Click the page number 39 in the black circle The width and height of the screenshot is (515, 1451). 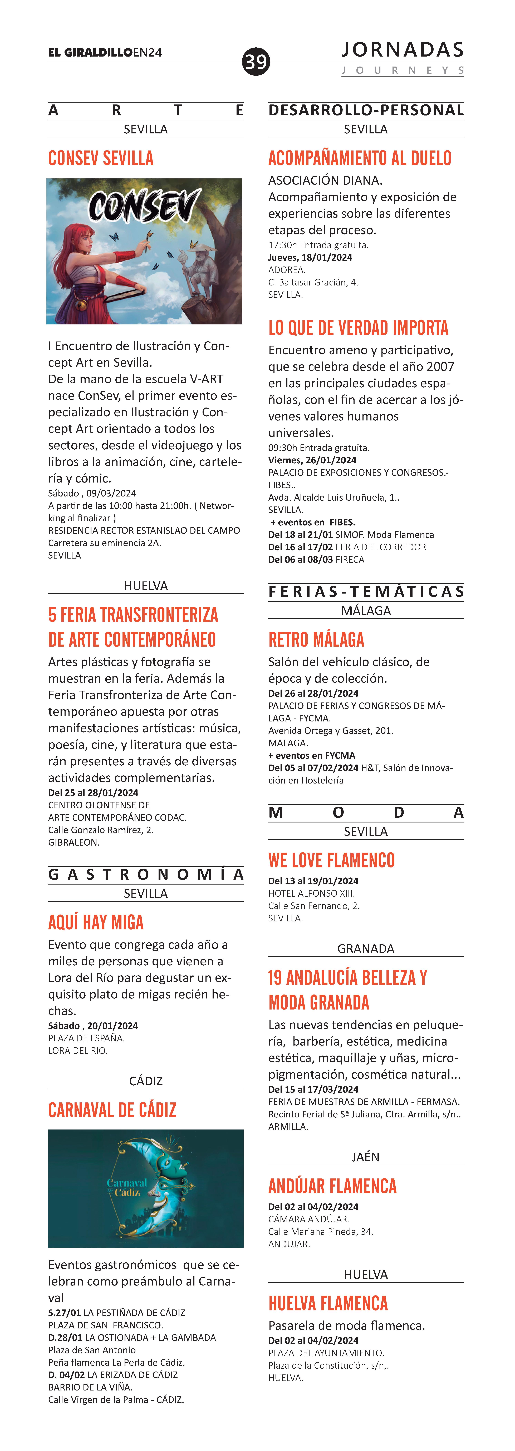tap(256, 61)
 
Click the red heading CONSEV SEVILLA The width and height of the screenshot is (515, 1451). tap(101, 158)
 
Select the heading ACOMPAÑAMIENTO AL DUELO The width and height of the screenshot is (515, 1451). tap(360, 158)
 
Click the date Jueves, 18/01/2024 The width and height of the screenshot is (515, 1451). tap(310, 257)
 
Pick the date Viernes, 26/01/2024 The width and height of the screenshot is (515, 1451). tap(312, 460)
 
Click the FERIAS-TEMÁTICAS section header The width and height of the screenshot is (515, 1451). tap(366, 591)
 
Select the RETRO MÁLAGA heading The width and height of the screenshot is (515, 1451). tap(316, 640)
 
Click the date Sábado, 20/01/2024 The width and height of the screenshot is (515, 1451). tap(93, 1026)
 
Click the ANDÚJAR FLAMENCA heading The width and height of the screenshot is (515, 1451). tap(332, 1186)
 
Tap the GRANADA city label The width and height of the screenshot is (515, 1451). tap(366, 948)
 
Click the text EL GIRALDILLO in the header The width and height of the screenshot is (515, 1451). tap(90, 52)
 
